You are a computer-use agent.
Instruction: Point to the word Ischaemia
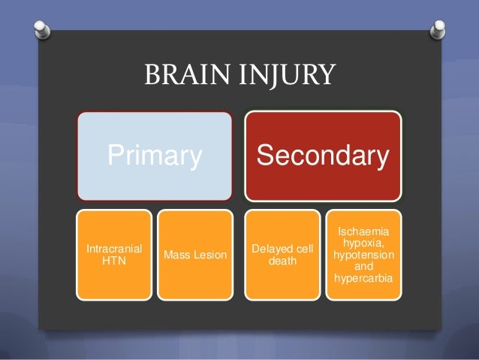click(x=363, y=223)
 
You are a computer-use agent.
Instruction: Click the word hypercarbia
click(x=363, y=280)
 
